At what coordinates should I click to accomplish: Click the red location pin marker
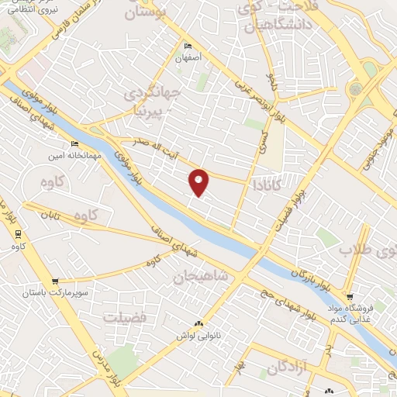coord(199,181)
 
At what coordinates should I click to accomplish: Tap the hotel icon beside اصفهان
coord(188,47)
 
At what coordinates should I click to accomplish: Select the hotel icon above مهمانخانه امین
coord(75,143)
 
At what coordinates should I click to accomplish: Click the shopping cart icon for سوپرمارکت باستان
coord(54,281)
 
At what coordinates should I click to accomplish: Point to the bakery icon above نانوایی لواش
coord(198,324)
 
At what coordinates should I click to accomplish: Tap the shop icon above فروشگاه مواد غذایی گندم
coord(350,297)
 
